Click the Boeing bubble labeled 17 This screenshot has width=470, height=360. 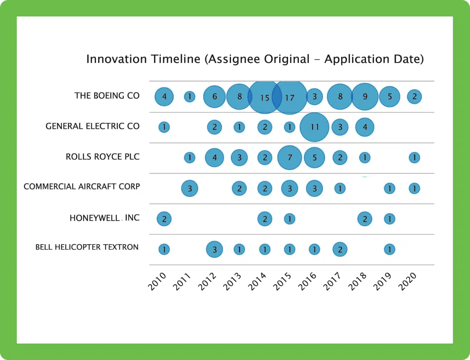click(290, 97)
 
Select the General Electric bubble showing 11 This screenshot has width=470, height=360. click(314, 127)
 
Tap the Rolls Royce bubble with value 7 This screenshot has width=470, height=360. click(290, 158)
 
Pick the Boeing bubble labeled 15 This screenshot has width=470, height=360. click(264, 97)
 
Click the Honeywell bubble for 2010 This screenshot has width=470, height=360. click(164, 219)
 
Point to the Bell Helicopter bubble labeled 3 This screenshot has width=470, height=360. click(215, 250)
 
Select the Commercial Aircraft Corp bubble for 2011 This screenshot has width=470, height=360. click(190, 188)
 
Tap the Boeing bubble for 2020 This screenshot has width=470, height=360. click(414, 97)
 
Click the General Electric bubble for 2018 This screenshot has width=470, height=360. click(365, 127)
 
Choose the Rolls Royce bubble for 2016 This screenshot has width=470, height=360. click(315, 158)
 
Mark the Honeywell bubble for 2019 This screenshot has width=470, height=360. click(389, 219)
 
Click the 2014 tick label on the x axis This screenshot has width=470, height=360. click(257, 281)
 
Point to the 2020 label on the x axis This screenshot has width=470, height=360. click(407, 281)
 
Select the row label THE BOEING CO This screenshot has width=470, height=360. click(107, 96)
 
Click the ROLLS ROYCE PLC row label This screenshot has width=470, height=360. click(102, 157)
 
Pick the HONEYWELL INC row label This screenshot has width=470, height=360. click(104, 218)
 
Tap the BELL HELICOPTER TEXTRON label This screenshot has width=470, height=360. click(87, 247)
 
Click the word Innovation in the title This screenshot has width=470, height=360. click(116, 59)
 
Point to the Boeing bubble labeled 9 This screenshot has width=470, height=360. click(365, 97)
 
